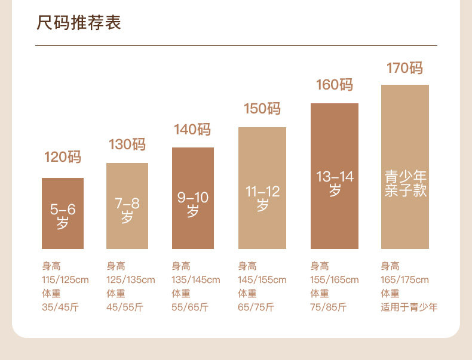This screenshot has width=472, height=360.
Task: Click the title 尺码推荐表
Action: tap(79, 23)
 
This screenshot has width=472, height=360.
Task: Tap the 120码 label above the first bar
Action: tap(62, 158)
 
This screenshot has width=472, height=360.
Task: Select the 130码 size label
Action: tap(127, 144)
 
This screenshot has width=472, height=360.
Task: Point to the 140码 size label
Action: tap(192, 130)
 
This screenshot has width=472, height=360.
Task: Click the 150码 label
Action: tap(262, 109)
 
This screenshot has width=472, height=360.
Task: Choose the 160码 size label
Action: tap(334, 85)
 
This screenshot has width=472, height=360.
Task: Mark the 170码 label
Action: tap(404, 68)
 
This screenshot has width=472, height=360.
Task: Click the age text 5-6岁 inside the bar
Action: tap(63, 216)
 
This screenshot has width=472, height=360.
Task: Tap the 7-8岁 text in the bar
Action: tap(127, 210)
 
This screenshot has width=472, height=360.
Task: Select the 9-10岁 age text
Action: tap(192, 204)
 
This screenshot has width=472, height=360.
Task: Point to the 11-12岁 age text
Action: tap(262, 198)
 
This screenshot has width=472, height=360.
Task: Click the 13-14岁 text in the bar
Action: tap(335, 183)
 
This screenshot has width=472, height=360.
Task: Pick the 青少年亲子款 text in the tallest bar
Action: tap(405, 183)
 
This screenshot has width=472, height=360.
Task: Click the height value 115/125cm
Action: tap(65, 280)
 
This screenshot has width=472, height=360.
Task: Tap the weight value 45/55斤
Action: tap(125, 307)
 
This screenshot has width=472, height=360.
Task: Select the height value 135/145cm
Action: tap(196, 280)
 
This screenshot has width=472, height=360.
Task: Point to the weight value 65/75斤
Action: tap(256, 307)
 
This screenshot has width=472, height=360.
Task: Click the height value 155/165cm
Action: tap(335, 280)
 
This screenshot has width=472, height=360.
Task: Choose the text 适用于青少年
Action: tap(409, 307)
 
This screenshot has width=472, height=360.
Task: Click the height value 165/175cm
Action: tap(405, 280)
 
